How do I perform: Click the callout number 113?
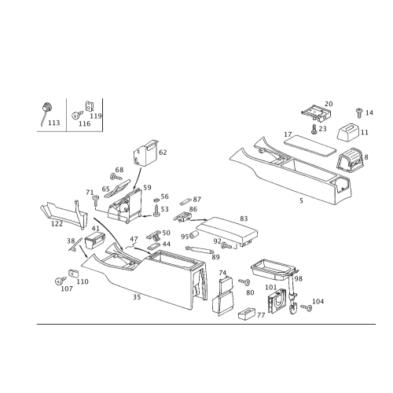(x=53, y=123)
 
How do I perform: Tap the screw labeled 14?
(x=358, y=112)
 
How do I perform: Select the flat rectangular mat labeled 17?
(x=310, y=145)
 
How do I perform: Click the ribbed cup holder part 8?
(x=350, y=160)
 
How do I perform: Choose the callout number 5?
(x=301, y=200)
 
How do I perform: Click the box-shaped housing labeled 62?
(x=146, y=153)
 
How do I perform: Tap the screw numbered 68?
(x=116, y=177)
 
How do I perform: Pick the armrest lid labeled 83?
(x=227, y=230)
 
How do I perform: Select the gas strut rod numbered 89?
(x=199, y=250)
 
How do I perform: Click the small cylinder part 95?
(x=193, y=235)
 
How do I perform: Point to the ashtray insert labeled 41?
(x=95, y=240)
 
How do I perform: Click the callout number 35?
(x=137, y=297)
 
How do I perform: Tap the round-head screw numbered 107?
(x=61, y=281)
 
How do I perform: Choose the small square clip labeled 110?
(x=74, y=273)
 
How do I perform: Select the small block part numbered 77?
(x=247, y=313)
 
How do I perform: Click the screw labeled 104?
(x=307, y=307)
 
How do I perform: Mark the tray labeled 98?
(x=274, y=270)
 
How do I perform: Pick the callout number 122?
(x=57, y=224)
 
